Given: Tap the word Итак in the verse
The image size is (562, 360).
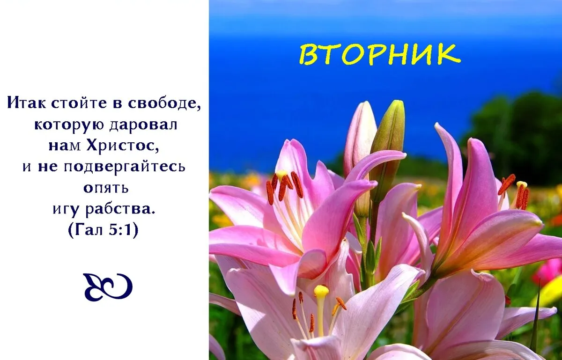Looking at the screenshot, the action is [26, 103].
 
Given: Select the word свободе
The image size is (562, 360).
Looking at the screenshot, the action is [164, 103].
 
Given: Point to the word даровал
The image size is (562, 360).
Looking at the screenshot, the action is [143, 125].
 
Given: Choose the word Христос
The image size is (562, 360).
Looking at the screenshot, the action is [123, 145].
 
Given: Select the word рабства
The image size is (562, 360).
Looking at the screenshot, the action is [120, 209].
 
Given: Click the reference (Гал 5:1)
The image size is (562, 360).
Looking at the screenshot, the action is [103, 229].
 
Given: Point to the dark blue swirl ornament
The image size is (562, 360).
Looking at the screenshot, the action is [108, 287].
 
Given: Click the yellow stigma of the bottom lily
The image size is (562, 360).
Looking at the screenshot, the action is [321, 290].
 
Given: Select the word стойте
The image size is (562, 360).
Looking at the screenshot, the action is [79, 103].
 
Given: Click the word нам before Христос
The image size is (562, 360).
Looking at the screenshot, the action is [65, 146].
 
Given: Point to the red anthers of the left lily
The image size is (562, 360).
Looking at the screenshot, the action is [284, 187].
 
